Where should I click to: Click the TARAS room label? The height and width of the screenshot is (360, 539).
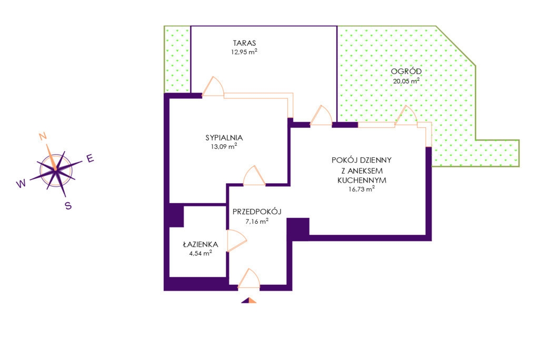(x=244, y=43)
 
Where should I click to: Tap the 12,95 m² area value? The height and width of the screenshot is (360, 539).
(x=244, y=52)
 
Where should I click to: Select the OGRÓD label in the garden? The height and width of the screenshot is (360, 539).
(x=406, y=71)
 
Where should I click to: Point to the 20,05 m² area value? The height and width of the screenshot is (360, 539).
(x=406, y=81)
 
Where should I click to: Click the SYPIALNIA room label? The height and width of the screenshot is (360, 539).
(x=224, y=137)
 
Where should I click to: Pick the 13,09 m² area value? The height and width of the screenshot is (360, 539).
(x=224, y=146)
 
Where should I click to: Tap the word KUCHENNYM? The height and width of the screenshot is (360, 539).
(x=362, y=180)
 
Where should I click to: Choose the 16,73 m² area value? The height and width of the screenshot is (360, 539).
(x=362, y=189)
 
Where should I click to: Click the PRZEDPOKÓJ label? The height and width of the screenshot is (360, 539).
(x=257, y=212)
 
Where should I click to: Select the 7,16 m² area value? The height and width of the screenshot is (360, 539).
(x=257, y=221)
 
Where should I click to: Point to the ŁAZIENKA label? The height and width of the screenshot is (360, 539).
(x=201, y=244)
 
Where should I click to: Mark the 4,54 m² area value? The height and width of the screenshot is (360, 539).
(x=201, y=253)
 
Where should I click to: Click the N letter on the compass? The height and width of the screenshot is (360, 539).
(x=43, y=136)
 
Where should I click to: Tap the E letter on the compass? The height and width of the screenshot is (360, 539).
(x=90, y=158)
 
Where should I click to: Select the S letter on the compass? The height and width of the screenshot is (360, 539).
(x=68, y=206)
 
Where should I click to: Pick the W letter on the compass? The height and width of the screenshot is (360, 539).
(x=21, y=184)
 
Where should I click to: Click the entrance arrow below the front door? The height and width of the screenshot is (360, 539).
(x=249, y=300)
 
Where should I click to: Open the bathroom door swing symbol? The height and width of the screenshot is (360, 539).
(x=237, y=241)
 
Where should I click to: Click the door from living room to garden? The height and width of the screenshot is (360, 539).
(x=406, y=115)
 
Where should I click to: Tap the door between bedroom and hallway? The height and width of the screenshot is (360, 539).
(x=254, y=176)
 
